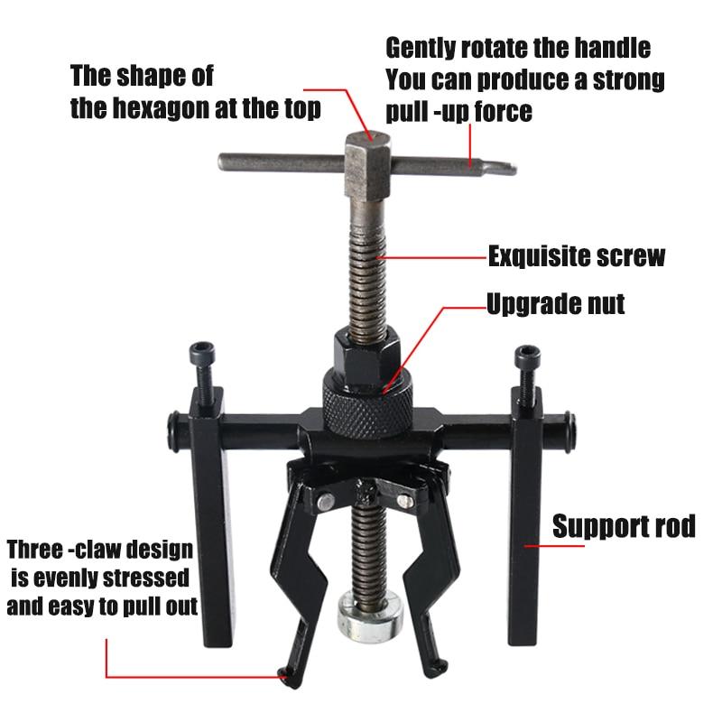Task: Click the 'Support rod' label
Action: pyautogui.click(x=624, y=526)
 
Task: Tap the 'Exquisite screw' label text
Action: pyautogui.click(x=577, y=256)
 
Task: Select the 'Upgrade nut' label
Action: pyautogui.click(x=555, y=303)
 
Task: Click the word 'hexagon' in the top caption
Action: pyautogui.click(x=175, y=109)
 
